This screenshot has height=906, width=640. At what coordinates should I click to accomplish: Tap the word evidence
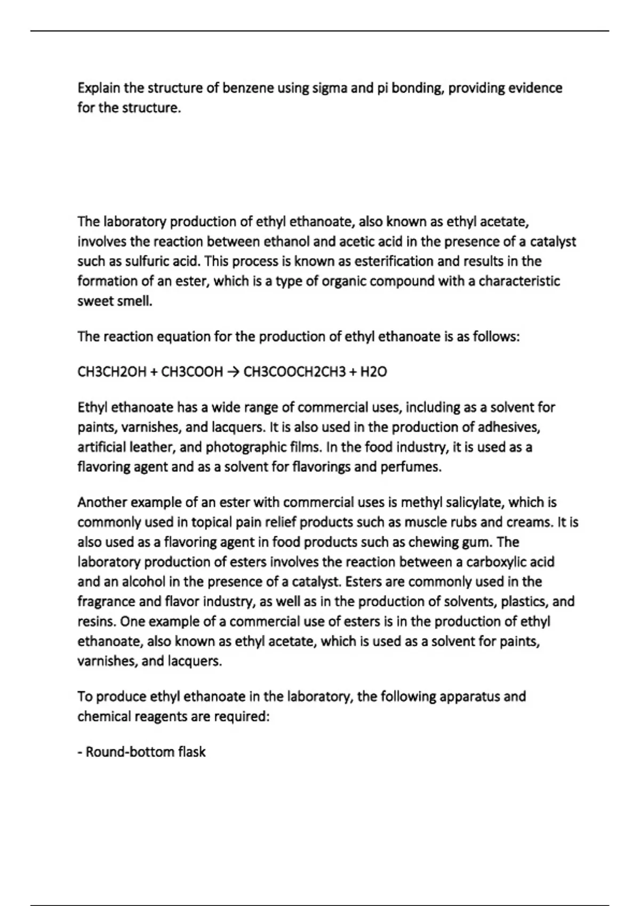[x=534, y=88]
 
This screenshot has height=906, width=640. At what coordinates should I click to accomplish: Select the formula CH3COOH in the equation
[x=192, y=372]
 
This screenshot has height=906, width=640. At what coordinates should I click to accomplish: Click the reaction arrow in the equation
[x=233, y=372]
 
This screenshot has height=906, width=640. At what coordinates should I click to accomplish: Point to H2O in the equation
[x=374, y=372]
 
